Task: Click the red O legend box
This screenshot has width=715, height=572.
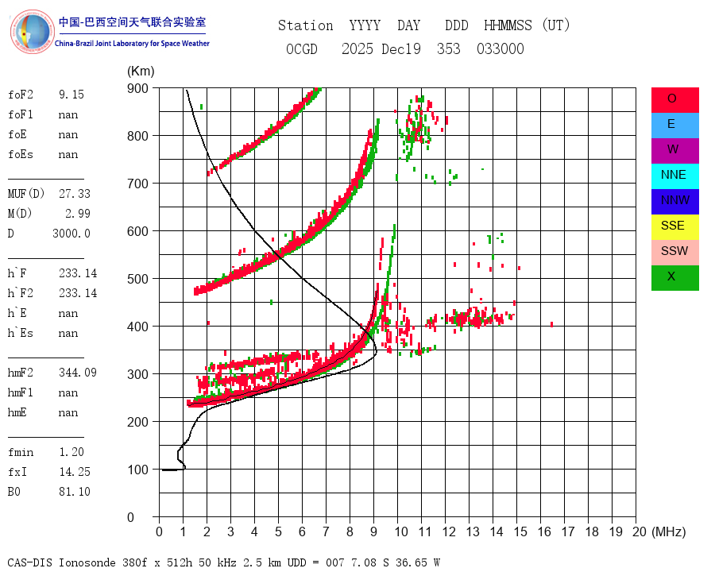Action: click(x=674, y=99)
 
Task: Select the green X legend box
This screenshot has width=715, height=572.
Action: click(x=674, y=277)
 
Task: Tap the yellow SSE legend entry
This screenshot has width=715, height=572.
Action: click(x=674, y=226)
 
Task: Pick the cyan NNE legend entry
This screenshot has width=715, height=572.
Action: click(x=674, y=176)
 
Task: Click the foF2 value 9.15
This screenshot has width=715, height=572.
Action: click(x=71, y=95)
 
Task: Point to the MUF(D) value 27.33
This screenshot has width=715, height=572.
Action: click(x=74, y=193)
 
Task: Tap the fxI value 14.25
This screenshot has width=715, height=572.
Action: click(x=74, y=472)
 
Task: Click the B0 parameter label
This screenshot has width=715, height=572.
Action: click(x=16, y=492)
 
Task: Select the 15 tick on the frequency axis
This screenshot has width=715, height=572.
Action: click(x=516, y=531)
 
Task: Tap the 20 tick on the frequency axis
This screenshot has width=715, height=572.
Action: click(x=636, y=531)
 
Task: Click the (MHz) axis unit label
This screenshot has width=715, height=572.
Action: click(x=668, y=531)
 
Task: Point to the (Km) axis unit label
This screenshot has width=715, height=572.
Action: click(x=141, y=71)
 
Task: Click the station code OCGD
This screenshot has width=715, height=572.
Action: click(x=301, y=49)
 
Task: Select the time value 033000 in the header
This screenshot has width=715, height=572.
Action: click(x=500, y=49)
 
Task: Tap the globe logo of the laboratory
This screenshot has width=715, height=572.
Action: click(x=31, y=31)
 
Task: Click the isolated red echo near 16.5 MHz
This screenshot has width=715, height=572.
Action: click(x=551, y=324)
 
